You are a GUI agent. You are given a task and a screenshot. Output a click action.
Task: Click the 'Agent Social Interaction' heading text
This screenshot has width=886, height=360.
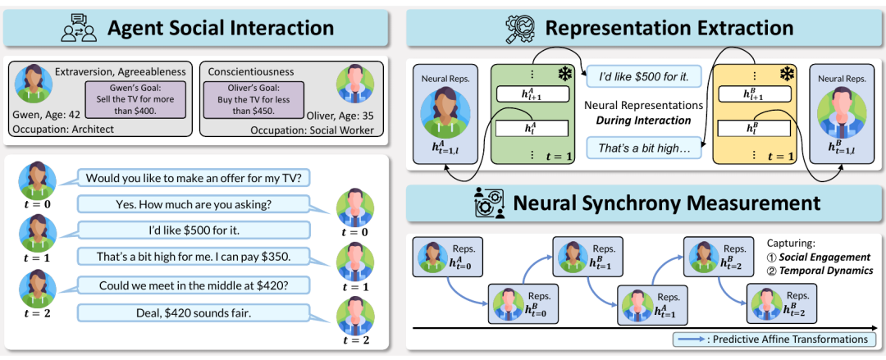[221, 28]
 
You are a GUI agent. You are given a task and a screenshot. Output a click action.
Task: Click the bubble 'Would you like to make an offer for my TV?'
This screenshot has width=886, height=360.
[193, 178]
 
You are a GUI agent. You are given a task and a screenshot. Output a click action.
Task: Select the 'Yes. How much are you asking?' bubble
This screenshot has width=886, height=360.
[193, 204]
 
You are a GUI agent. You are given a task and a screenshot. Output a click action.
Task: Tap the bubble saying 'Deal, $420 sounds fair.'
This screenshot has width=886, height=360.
[193, 312]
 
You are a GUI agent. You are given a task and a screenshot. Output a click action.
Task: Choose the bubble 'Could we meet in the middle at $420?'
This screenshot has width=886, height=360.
[193, 285]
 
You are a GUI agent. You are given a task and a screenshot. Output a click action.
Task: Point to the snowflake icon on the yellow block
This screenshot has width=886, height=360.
[787, 74]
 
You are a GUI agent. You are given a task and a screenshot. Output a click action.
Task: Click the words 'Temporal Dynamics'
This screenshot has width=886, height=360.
[826, 270]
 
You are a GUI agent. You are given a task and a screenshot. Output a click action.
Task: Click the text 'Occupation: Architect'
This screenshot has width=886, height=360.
[63, 129]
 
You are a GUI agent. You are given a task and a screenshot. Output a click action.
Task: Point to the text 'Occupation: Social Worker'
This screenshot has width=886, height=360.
[313, 130]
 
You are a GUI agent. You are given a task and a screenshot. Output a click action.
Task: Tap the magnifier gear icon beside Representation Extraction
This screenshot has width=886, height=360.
[518, 29]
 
